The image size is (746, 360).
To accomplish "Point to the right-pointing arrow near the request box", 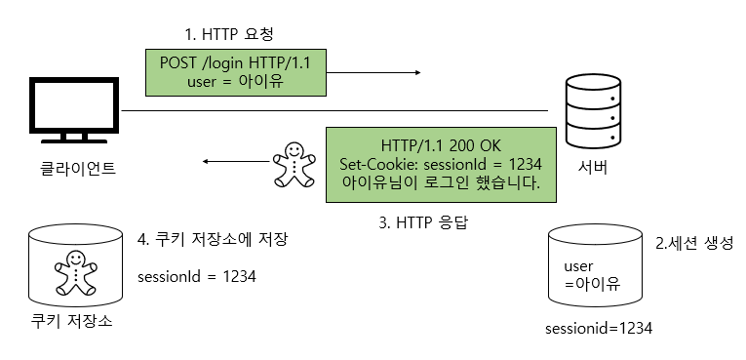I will point(389,72).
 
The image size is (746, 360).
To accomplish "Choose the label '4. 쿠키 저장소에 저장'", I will point(213,240).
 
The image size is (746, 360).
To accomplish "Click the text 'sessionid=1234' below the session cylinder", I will point(599,329).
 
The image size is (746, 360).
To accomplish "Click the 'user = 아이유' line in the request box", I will point(234,83).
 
